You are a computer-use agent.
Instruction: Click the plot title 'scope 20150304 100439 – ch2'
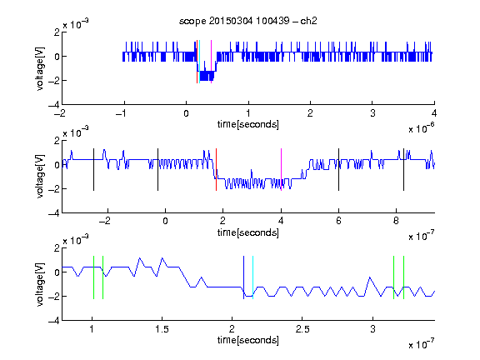pos(247,21)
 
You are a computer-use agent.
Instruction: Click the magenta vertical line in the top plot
pos(211,62)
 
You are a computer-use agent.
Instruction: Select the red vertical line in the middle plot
pos(216,170)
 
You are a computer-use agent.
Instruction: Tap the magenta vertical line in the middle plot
pos(281,170)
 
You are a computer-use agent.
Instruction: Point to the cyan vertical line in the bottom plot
pos(252,277)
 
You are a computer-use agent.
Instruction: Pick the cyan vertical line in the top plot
pos(200,62)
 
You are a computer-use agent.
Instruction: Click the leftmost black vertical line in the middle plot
pos(93,170)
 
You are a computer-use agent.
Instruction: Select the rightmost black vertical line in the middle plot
pos(403,170)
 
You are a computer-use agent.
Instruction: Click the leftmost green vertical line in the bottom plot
pos(93,277)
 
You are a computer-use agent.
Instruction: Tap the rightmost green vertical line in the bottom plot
pos(403,277)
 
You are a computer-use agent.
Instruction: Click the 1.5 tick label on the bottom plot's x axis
pos(162,329)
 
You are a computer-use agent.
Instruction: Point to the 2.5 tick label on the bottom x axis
pos(302,329)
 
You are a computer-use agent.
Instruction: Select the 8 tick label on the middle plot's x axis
pos(396,221)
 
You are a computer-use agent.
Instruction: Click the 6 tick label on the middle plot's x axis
pos(338,221)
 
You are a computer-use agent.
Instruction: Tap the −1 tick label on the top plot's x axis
pos(122,113)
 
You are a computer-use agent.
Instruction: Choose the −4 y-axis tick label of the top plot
pos(54,105)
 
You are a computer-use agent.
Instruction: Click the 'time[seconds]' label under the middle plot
pos(248,233)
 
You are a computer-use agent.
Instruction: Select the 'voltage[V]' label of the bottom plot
pos(40,284)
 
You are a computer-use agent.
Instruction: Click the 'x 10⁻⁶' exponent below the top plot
pos(422,128)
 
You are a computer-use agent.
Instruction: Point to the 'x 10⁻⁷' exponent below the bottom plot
pos(422,344)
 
